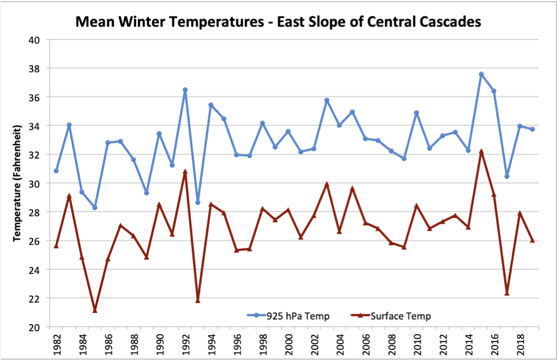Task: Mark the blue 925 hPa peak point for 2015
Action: point(481,74)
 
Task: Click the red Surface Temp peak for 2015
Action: point(481,152)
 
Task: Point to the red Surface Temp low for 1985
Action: point(94,310)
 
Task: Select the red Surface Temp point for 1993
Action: point(197,300)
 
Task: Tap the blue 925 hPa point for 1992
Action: point(185,90)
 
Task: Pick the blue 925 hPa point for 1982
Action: point(56,170)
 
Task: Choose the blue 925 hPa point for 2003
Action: point(326,100)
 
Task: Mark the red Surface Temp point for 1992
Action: point(185,172)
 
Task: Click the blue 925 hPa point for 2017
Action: point(507,176)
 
